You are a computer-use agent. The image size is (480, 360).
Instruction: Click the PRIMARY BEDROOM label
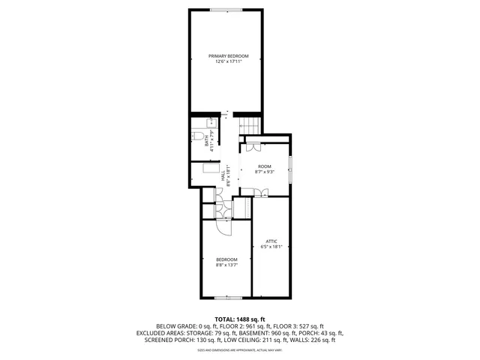click(x=228, y=56)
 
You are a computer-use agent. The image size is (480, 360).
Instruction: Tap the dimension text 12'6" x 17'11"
click(x=228, y=62)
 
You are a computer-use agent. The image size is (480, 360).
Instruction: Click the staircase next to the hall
click(x=249, y=127)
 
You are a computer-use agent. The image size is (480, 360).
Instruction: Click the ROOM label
click(x=264, y=166)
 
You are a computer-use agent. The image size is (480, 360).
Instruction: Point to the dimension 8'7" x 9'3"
click(x=264, y=172)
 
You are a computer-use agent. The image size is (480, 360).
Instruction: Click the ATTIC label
click(x=271, y=241)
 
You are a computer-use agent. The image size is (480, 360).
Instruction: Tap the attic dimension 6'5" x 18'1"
click(x=271, y=247)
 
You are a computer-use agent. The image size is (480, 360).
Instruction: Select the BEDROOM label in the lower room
click(x=226, y=259)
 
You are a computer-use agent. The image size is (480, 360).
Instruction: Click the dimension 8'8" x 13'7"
click(x=226, y=265)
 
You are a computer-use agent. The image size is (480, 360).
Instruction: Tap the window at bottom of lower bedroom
click(x=223, y=298)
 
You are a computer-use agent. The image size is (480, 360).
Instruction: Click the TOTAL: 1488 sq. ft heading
click(x=240, y=319)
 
